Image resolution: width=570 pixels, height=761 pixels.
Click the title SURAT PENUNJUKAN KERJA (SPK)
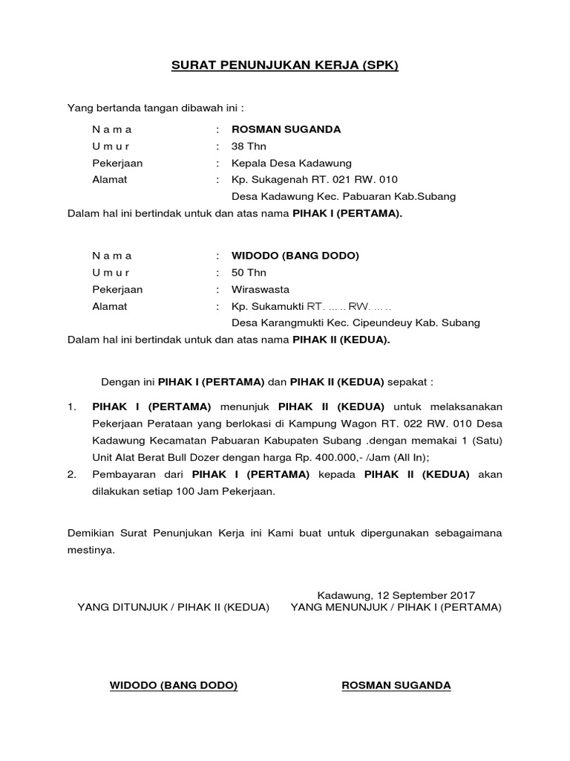tap(285, 65)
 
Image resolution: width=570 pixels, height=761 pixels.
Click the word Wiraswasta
tap(261, 289)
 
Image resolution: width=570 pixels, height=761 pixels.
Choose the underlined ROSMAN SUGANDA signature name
tap(396, 685)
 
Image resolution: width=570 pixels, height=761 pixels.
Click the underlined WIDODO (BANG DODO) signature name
tap(174, 685)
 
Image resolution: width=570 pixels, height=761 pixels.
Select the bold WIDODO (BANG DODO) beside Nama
tap(295, 256)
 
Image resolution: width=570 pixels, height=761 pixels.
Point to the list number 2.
tap(72, 474)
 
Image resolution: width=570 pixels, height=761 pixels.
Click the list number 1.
tap(72, 407)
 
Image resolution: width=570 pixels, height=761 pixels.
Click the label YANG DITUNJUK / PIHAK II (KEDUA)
tap(173, 608)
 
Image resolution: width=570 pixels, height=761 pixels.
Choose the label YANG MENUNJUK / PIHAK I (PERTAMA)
tap(396, 608)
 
